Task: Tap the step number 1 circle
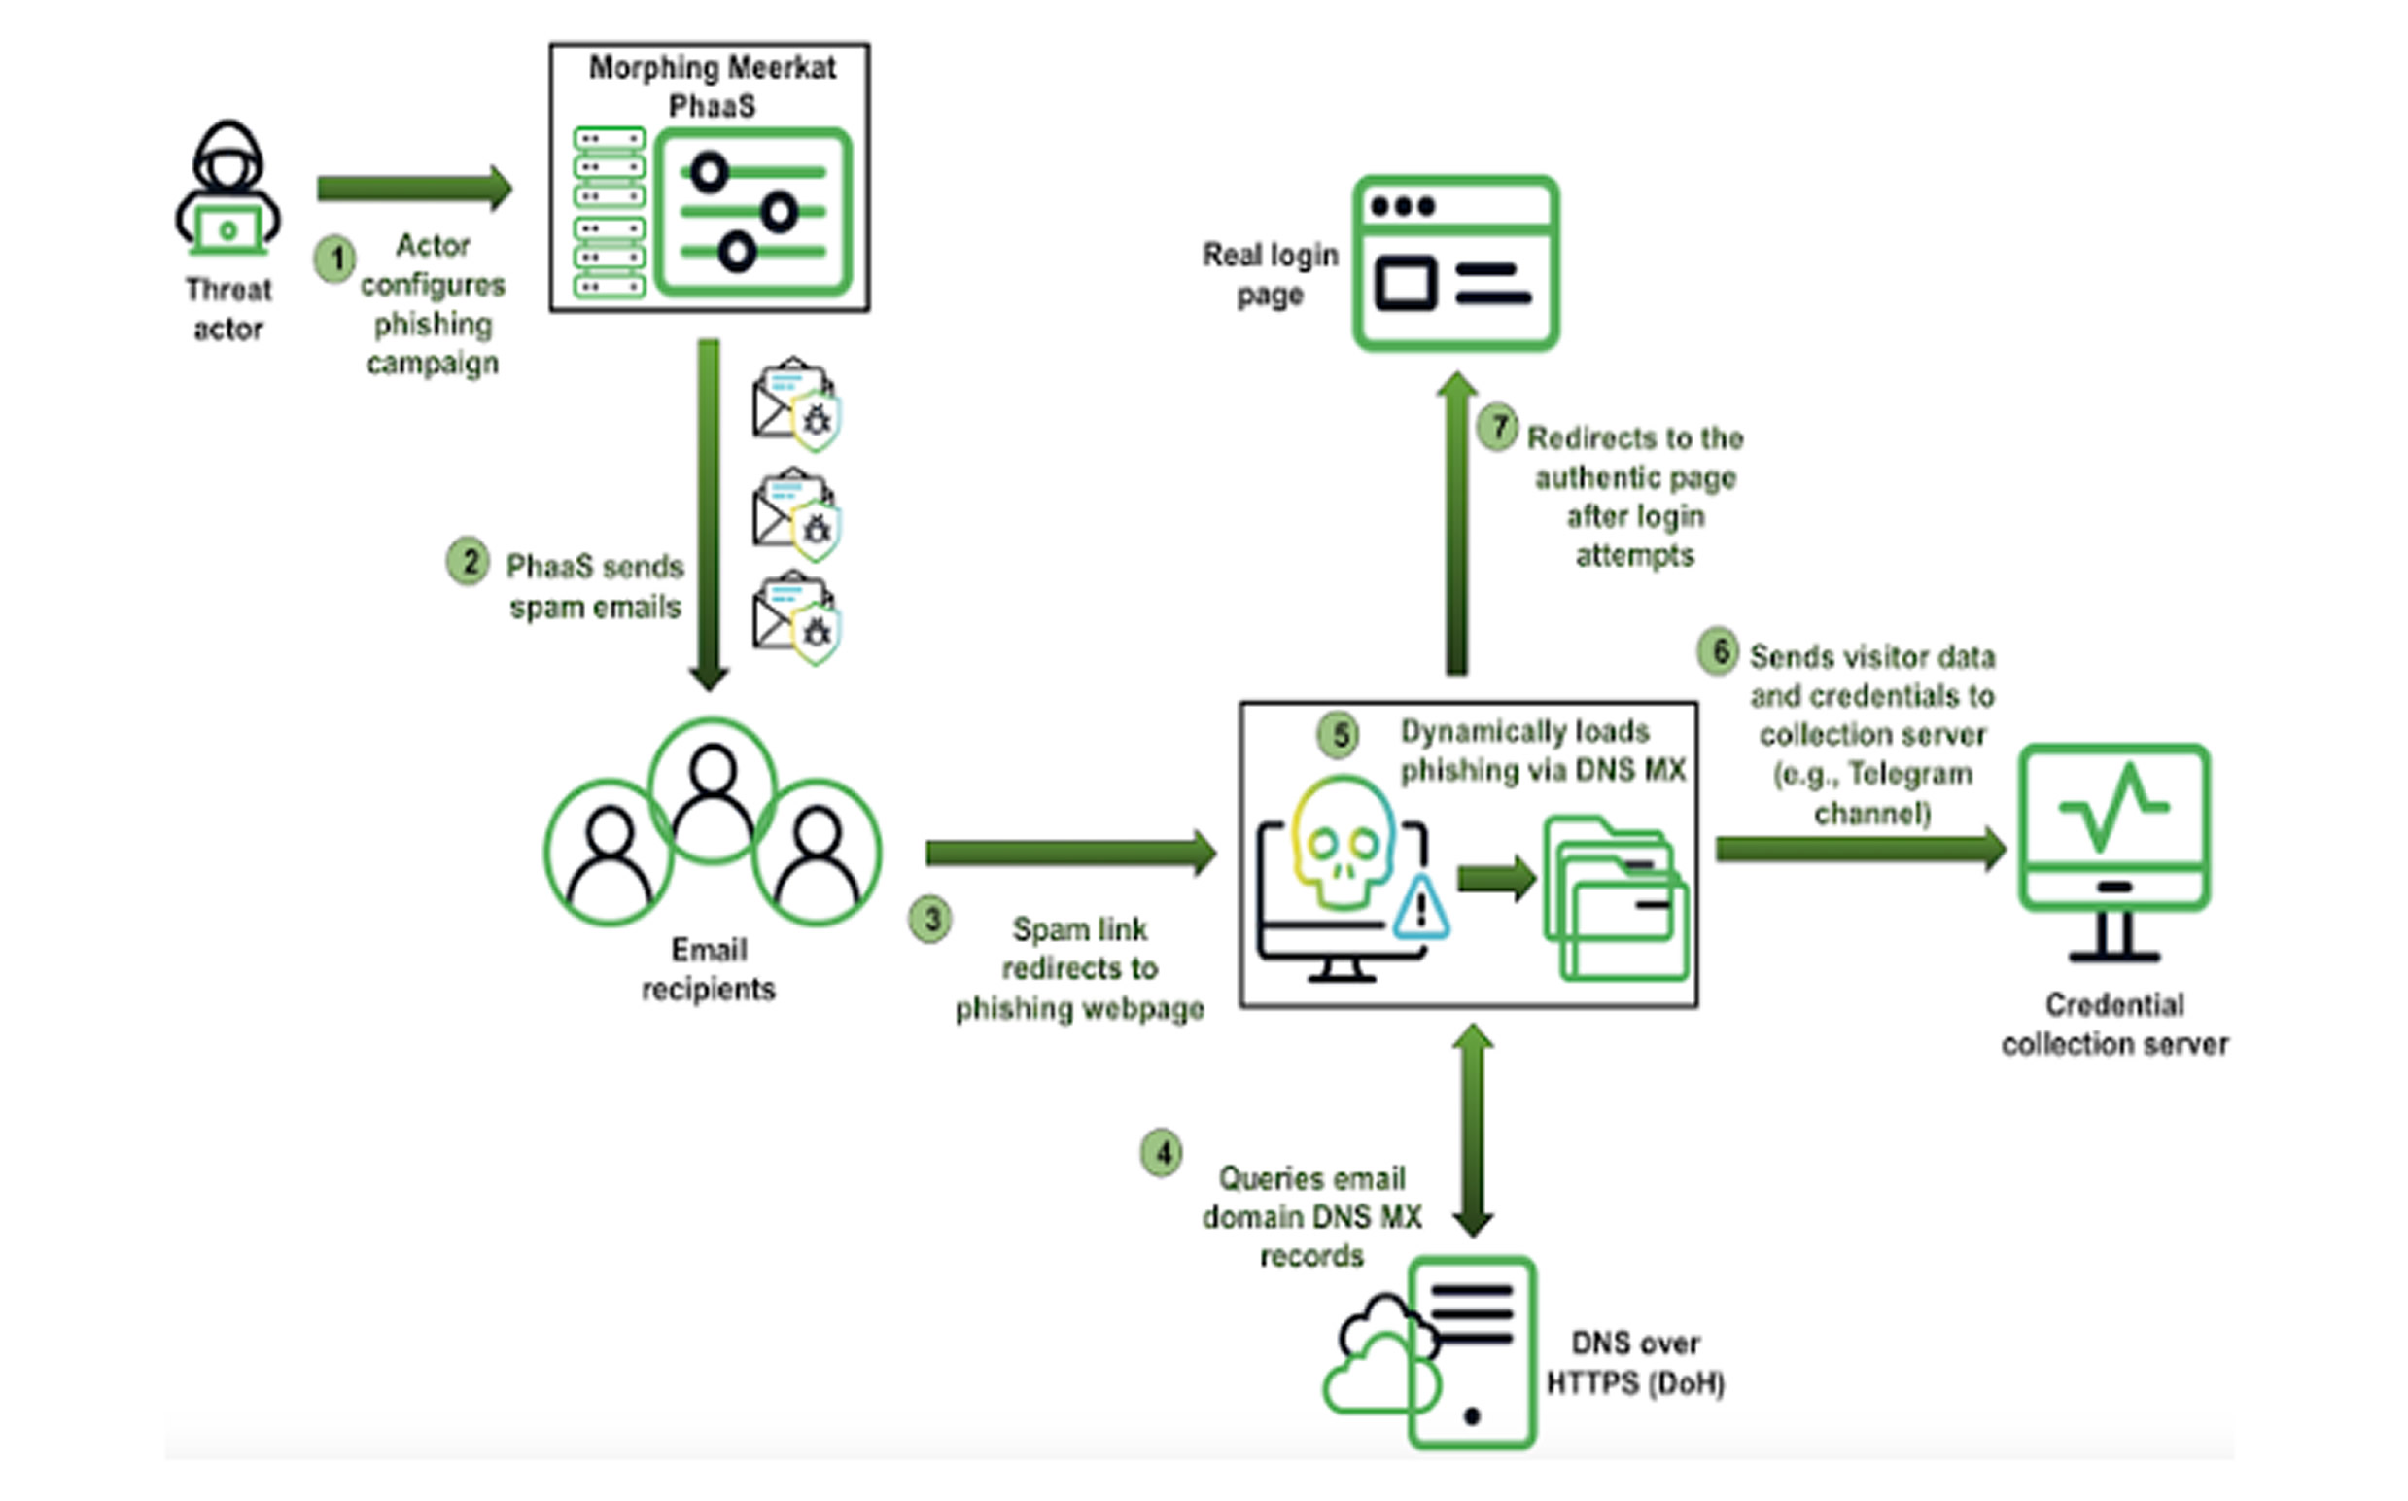335,260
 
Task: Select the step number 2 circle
468,562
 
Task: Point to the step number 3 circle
930,920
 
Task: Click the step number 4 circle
1162,1153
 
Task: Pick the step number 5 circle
1339,736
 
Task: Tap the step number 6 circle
1718,652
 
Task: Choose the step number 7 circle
1498,429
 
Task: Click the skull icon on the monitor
1342,844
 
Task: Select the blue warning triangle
1420,908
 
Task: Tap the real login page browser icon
1455,263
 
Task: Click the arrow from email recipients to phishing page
1070,852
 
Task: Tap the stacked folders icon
1616,897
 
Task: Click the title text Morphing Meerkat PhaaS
712,87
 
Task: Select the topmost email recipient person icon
712,790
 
